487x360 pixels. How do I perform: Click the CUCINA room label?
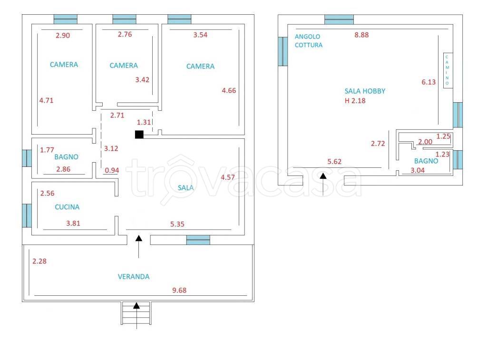(x=67, y=207)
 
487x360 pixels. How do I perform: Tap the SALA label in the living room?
(x=185, y=188)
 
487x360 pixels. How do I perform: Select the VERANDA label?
(x=134, y=276)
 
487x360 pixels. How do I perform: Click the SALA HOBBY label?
(x=365, y=91)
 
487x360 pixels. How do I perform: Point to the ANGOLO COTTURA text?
(x=308, y=41)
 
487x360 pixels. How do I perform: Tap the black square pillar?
(x=139, y=134)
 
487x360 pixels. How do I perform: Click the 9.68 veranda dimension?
(x=179, y=290)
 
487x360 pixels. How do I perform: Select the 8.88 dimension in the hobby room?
(x=362, y=35)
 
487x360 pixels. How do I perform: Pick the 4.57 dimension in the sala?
(x=228, y=177)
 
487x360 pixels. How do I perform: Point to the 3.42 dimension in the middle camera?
(x=142, y=79)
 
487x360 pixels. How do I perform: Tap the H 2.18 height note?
(x=355, y=100)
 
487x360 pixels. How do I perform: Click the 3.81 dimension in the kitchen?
(x=74, y=223)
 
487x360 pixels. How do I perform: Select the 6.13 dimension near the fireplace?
(x=429, y=82)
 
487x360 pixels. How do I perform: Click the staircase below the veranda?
(x=136, y=314)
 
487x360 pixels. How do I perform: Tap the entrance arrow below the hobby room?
(x=323, y=183)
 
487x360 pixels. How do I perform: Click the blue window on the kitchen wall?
(x=27, y=215)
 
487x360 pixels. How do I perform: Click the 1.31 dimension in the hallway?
(x=144, y=122)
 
